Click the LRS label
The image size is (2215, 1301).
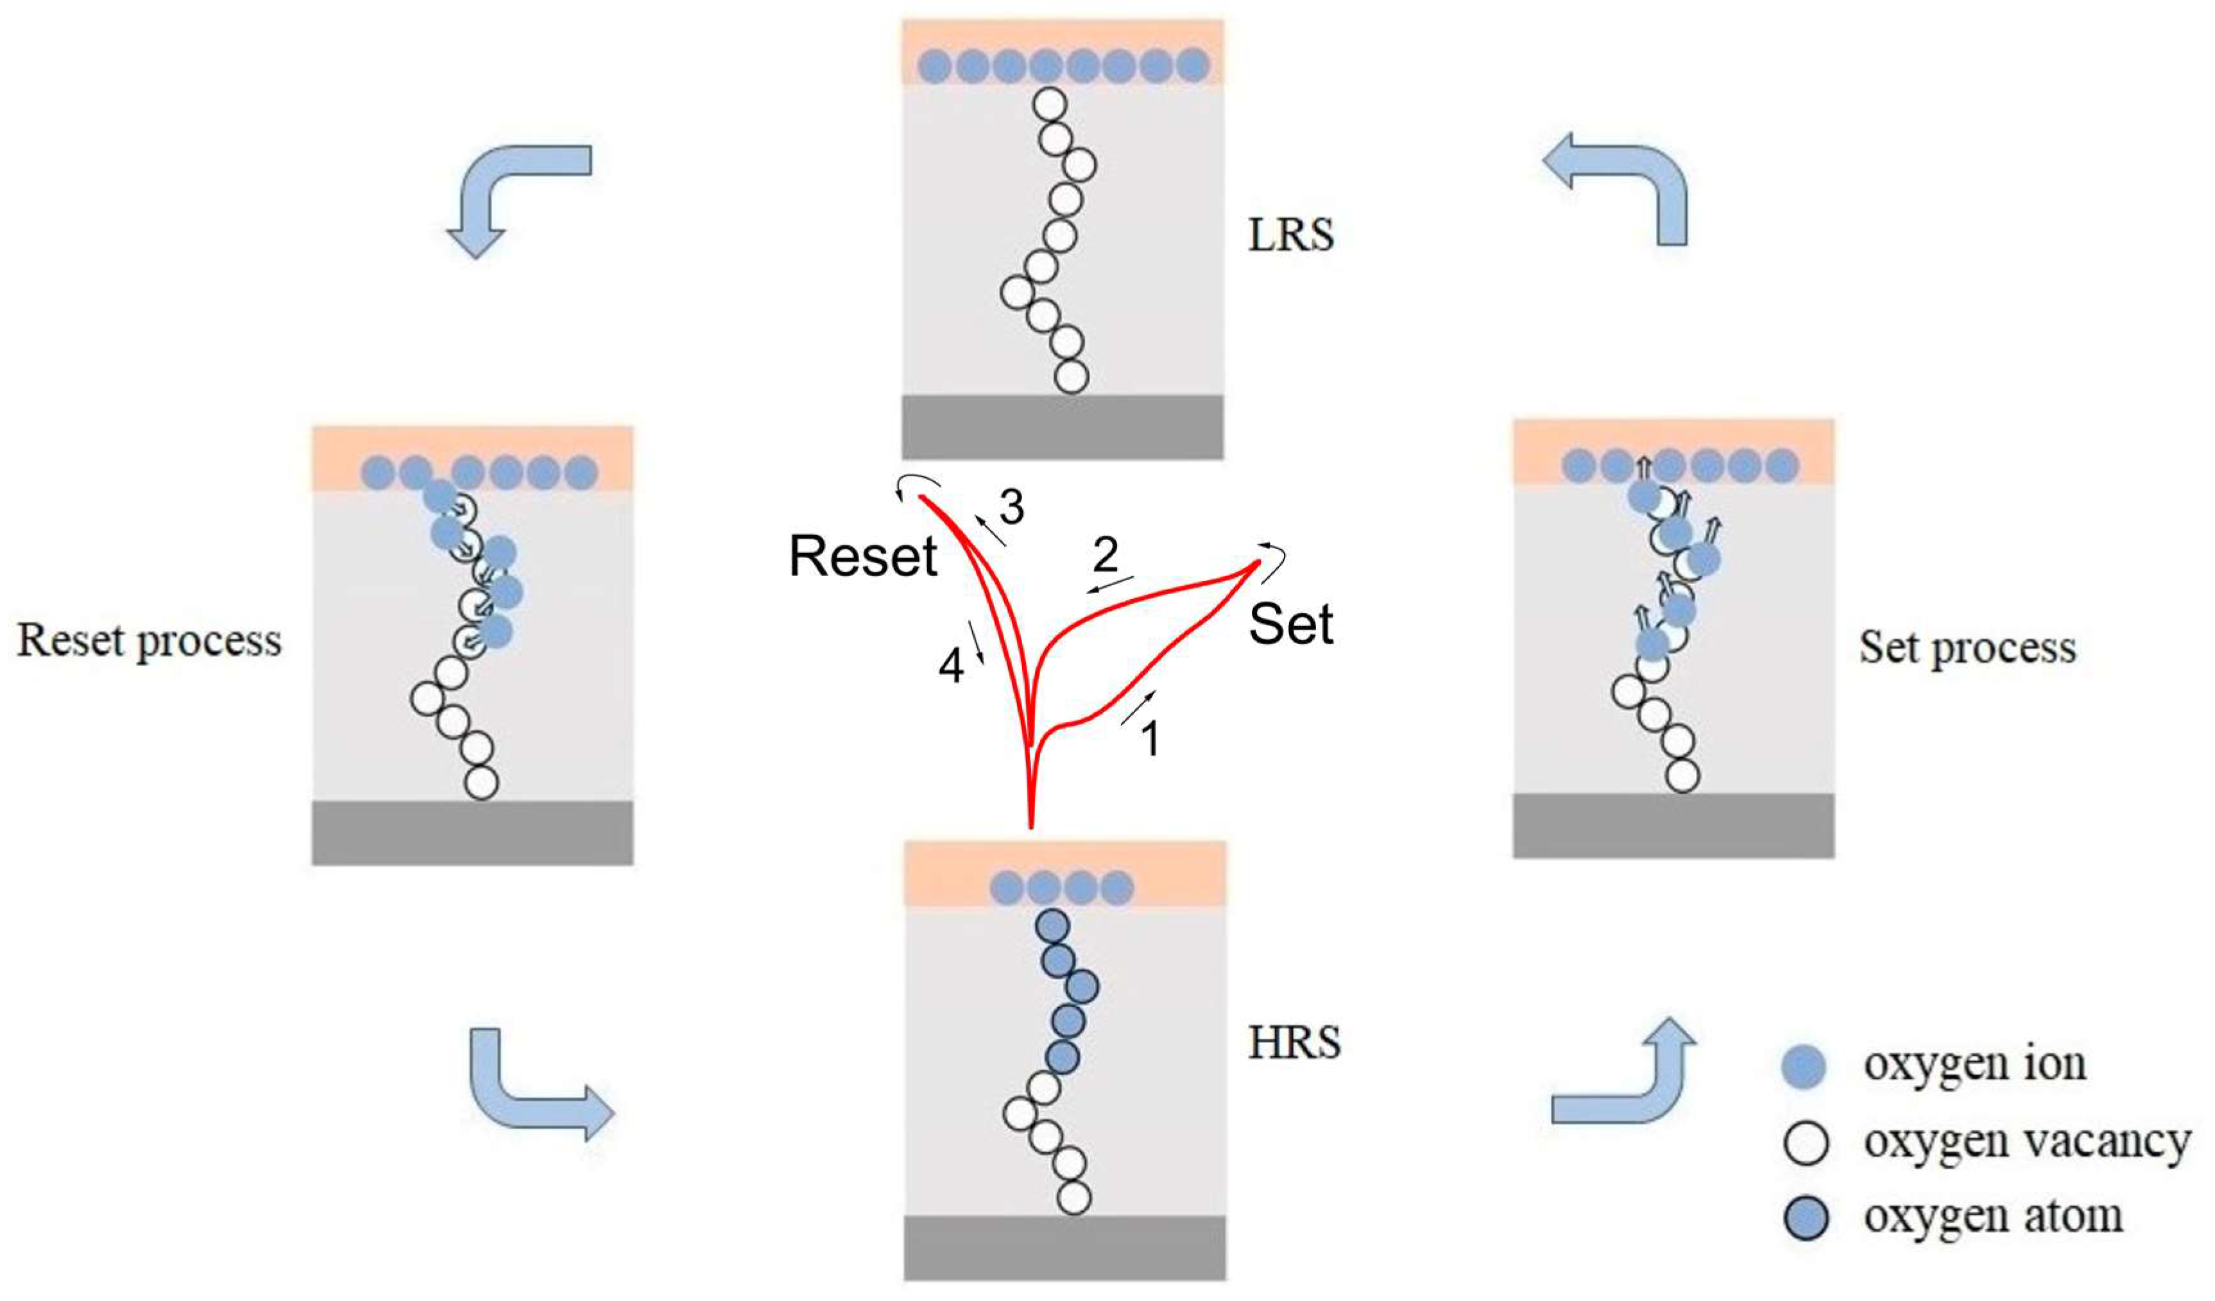point(1290,235)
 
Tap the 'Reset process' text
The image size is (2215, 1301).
point(150,641)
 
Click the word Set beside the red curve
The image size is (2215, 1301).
point(1290,625)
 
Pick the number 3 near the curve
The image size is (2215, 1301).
point(1012,507)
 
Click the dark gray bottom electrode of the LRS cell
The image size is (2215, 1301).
point(1062,427)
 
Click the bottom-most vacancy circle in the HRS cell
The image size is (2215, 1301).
point(1073,1197)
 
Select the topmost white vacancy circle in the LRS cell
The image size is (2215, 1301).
point(1048,105)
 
